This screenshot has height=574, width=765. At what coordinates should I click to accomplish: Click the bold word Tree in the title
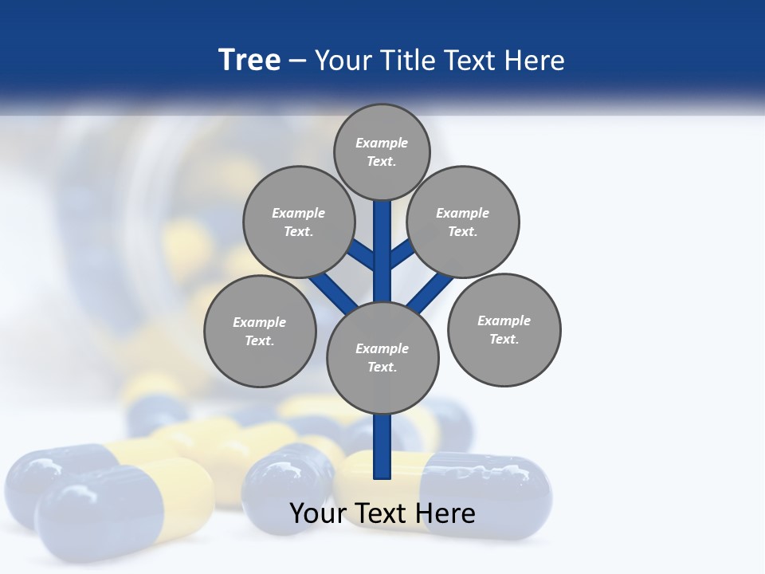[249, 61]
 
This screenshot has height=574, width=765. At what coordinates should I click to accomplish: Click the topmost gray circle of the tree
[382, 151]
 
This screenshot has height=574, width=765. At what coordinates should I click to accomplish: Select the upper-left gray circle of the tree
[298, 222]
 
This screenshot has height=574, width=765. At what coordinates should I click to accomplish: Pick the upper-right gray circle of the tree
[463, 222]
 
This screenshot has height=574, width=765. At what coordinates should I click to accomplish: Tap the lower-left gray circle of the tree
[260, 331]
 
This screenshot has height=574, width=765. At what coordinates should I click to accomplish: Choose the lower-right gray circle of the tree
[504, 329]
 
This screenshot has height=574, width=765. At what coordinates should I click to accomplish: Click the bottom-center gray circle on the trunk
[382, 357]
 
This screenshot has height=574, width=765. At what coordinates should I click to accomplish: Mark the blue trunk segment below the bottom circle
[382, 446]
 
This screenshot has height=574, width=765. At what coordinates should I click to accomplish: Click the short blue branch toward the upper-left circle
[362, 256]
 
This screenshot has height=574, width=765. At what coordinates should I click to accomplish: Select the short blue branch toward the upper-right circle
[402, 254]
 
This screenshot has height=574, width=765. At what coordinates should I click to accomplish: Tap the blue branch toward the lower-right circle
[430, 291]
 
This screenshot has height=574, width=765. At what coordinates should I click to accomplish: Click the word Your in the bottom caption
[319, 513]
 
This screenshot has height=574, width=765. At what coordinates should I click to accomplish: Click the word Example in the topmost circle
[382, 143]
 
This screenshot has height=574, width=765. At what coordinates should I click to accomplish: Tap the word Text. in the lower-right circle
[504, 339]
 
